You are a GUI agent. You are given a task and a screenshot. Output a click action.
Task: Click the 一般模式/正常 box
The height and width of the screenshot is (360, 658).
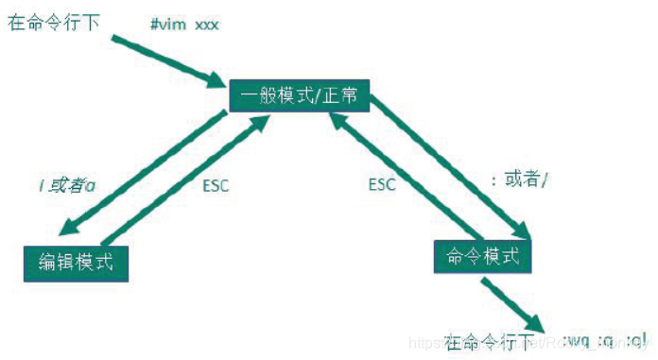pyautogui.click(x=299, y=96)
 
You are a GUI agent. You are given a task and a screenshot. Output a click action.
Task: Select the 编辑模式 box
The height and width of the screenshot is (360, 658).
pyautogui.click(x=75, y=262)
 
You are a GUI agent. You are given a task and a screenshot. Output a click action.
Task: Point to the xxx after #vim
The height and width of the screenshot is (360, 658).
pyautogui.click(x=207, y=24)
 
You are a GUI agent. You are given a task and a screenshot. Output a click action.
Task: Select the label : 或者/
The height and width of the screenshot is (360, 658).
pyautogui.click(x=519, y=180)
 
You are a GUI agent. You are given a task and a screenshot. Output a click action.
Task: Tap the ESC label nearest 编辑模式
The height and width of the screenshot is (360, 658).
pyautogui.click(x=216, y=185)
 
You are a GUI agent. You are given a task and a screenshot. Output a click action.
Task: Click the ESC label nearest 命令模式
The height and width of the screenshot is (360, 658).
pyautogui.click(x=382, y=184)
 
